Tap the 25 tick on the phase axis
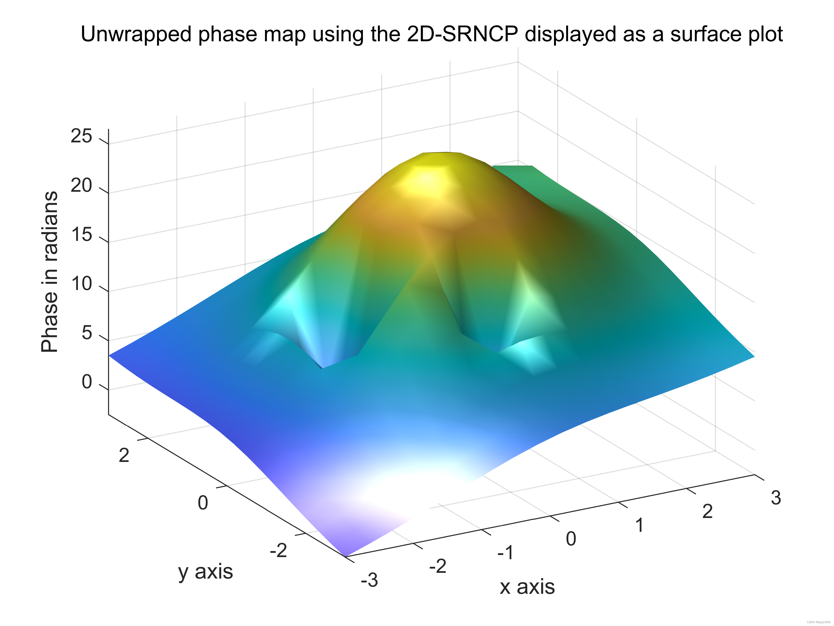pos(81,136)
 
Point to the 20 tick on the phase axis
pos(81,186)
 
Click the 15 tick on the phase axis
pos(81,235)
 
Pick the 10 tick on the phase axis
pos(81,284)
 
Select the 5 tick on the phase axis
pos(87,333)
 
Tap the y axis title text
pos(205,572)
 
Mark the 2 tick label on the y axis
pos(124,455)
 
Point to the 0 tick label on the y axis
pos(203,503)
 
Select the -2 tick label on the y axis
pos(279,551)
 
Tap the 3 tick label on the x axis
pos(776,498)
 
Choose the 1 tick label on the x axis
pos(640,525)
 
